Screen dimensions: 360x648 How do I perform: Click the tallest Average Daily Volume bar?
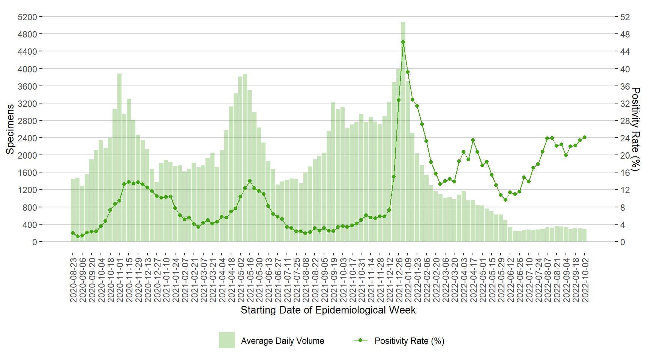tap(403, 131)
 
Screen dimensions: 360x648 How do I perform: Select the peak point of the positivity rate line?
tap(403, 42)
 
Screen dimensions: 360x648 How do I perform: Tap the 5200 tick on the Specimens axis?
tap(27, 17)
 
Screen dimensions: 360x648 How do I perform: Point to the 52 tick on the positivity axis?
tap(625, 17)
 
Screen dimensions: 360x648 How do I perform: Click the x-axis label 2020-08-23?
tap(73, 280)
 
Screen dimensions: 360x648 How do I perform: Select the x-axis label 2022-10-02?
tap(585, 280)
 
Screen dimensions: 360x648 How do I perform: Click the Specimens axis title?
tap(10, 129)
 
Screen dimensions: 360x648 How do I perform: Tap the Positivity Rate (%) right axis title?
tap(636, 129)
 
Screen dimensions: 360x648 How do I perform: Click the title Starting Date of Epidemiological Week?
tap(328, 310)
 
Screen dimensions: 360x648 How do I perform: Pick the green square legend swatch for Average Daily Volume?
tap(227, 340)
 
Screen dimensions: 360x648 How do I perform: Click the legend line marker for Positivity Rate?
tap(360, 340)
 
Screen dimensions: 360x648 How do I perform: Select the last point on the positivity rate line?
tap(585, 137)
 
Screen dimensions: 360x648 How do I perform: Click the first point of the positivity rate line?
tap(73, 233)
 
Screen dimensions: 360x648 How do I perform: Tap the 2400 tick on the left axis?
tap(27, 138)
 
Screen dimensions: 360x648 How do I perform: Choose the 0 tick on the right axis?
tap(622, 242)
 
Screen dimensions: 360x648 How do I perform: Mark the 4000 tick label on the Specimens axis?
tap(27, 69)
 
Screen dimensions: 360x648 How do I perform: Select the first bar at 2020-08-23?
tap(73, 210)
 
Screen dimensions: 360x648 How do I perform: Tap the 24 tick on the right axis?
tap(625, 138)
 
